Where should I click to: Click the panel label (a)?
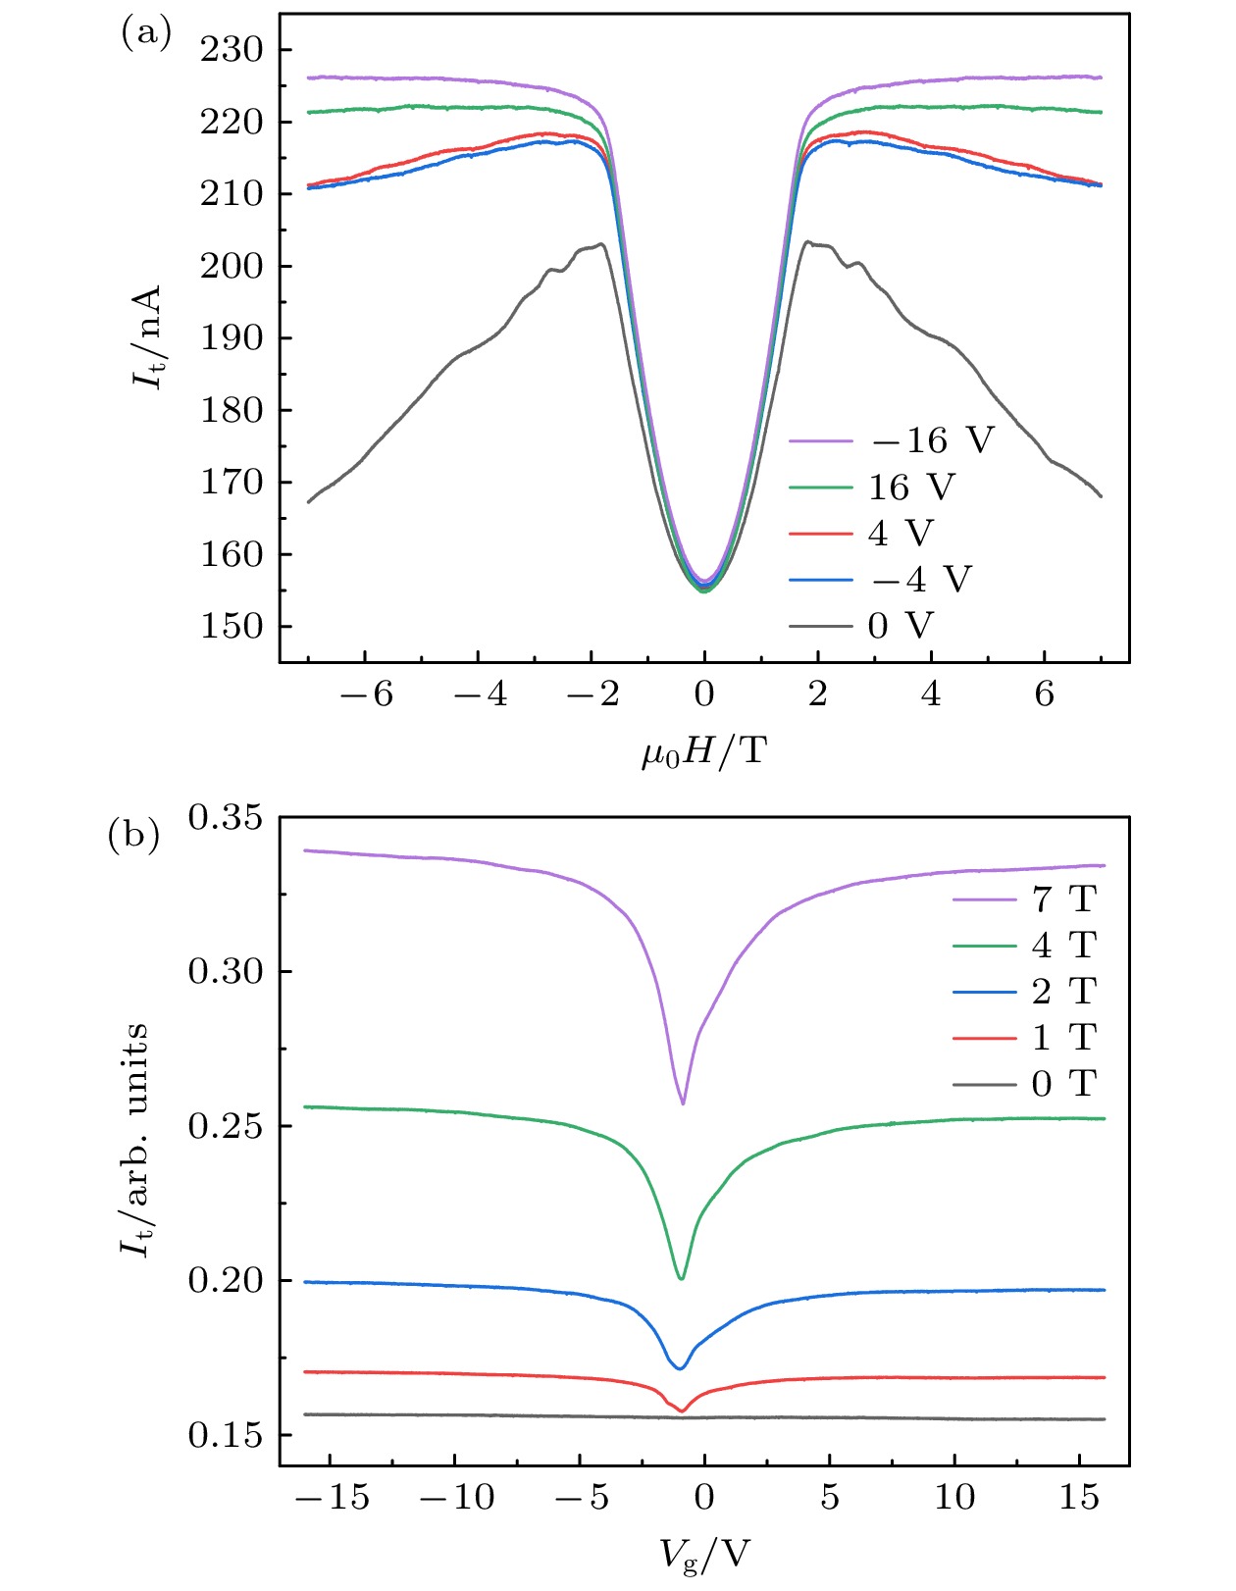coord(145,34)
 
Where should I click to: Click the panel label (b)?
coord(133,837)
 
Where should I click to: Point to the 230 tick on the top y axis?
coord(232,49)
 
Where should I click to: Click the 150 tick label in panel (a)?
coord(232,626)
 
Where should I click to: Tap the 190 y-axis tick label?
coord(232,337)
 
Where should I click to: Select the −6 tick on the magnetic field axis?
coord(366,694)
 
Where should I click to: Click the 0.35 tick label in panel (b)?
coord(226,817)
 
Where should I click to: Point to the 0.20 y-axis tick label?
coord(226,1280)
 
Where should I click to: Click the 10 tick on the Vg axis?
coord(954,1497)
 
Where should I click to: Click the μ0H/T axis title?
coord(703,753)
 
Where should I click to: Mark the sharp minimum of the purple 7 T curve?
coord(683,1103)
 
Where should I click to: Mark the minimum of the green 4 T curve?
coord(681,1278)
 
